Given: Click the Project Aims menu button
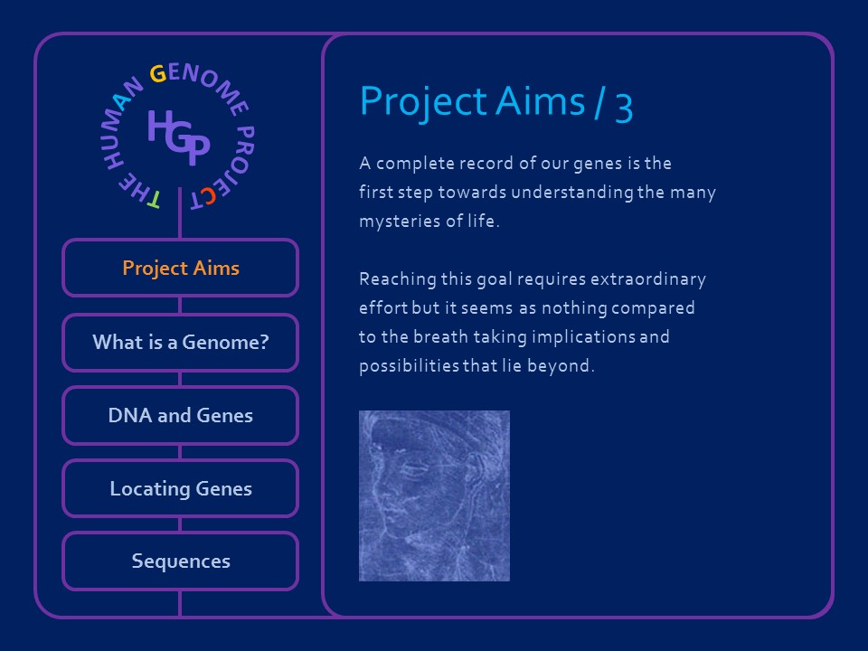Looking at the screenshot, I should pos(180,269).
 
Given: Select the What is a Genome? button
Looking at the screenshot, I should pos(180,343).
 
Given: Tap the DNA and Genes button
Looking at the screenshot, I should pos(180,416).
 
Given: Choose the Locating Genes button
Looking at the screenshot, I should pos(180,489).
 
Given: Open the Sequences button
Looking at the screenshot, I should pos(180,561).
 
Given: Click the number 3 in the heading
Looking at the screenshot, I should pos(624,105).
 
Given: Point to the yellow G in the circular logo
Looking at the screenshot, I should pos(157,74).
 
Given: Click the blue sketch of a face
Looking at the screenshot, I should pos(434,495).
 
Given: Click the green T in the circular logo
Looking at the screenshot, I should pos(153,199).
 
